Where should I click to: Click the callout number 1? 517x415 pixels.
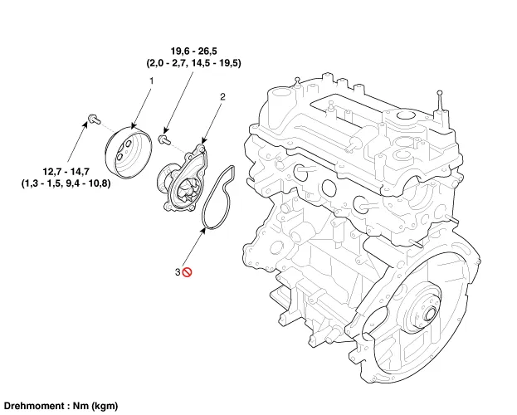coord(151,81)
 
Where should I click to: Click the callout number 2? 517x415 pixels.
coord(222,97)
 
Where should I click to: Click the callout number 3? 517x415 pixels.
coord(177,271)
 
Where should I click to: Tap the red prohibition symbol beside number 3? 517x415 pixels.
coord(188,271)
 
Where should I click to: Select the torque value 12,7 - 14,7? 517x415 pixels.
coord(66,170)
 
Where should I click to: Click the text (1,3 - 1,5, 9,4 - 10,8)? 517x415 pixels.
coord(66,183)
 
